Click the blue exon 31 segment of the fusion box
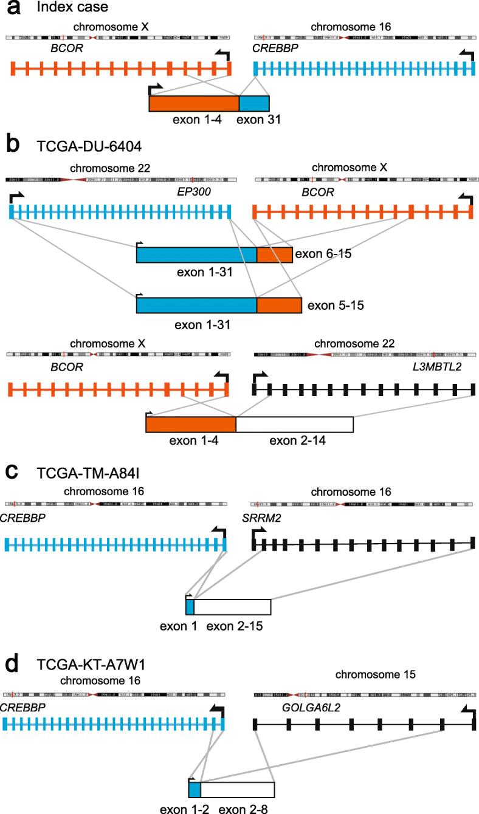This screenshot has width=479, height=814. [254, 104]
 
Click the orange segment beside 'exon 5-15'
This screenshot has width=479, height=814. [279, 305]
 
